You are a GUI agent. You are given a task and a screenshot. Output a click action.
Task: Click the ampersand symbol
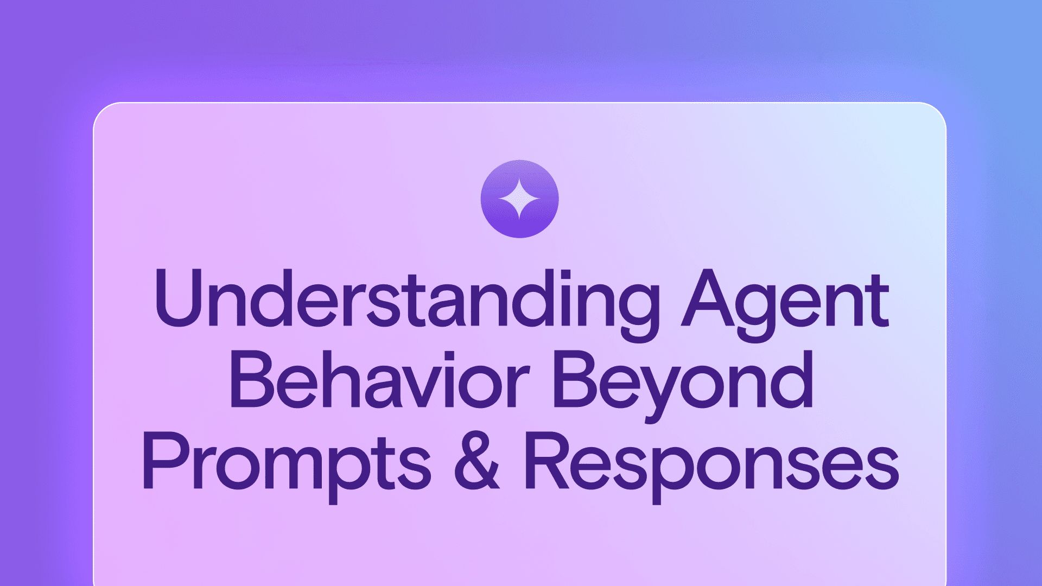click(x=476, y=461)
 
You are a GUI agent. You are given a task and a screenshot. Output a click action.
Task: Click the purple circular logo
click(x=519, y=199)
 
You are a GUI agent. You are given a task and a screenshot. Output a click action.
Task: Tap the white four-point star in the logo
click(x=519, y=199)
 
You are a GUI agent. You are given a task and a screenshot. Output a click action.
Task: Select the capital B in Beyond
click(x=579, y=380)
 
